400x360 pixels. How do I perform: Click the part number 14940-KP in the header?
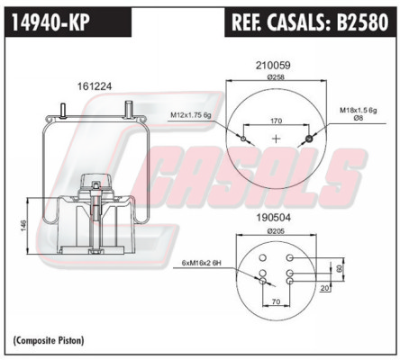(x=50, y=22)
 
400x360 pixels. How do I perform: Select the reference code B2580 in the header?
(x=362, y=22)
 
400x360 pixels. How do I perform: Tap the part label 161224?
(x=95, y=86)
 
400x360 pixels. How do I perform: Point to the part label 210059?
(x=273, y=65)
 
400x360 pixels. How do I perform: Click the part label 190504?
(x=273, y=218)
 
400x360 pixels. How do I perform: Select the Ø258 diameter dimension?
(x=276, y=77)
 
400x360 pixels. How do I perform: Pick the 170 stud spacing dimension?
(x=276, y=121)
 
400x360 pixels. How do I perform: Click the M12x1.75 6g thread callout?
(x=191, y=114)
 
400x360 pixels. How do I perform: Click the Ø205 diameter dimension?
(x=276, y=231)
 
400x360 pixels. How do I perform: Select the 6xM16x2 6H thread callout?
(x=201, y=263)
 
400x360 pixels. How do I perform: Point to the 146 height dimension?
(x=23, y=226)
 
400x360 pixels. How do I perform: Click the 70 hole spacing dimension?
(x=276, y=301)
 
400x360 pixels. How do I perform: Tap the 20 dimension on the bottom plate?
(x=324, y=288)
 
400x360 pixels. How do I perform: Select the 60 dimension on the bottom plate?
(x=340, y=268)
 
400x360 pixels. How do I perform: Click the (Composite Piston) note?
(x=49, y=340)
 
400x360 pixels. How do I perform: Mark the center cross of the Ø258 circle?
(x=276, y=139)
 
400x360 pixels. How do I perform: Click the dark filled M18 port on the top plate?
(x=309, y=139)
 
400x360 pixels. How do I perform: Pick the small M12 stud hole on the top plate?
(x=243, y=139)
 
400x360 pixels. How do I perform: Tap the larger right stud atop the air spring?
(x=129, y=109)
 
